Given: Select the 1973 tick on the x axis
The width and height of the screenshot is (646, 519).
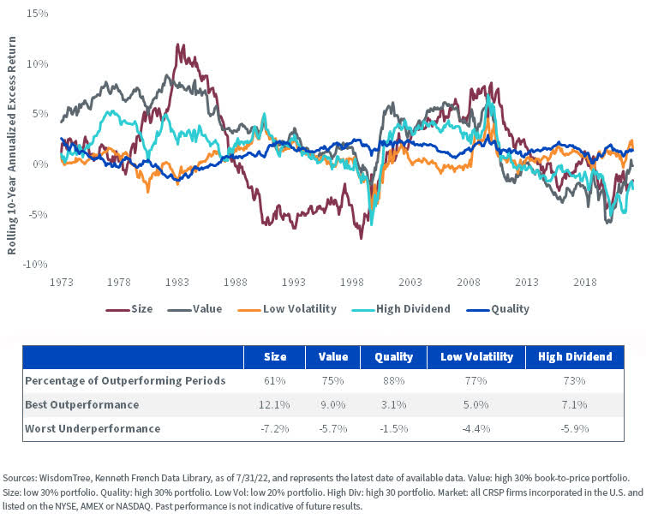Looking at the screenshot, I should [61, 281].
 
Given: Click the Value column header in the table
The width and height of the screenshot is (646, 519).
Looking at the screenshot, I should [332, 356].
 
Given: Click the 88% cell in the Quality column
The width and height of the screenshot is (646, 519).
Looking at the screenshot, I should [394, 380].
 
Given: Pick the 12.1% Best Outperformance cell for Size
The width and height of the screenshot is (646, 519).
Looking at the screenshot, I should [274, 404].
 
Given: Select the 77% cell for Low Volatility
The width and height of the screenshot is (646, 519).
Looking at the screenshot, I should [476, 380].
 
